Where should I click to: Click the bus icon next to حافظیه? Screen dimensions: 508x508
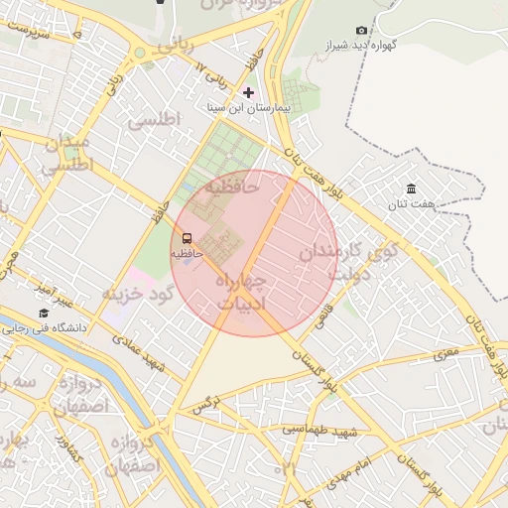click(x=187, y=237)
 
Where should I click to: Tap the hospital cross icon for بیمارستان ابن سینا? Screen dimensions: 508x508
click(x=248, y=92)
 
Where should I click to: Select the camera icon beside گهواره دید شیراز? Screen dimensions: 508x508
click(x=360, y=31)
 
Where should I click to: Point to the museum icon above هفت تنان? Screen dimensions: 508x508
click(x=412, y=189)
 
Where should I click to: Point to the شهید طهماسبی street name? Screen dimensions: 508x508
click(x=319, y=430)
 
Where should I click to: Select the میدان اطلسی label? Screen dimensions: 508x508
click(x=67, y=155)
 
